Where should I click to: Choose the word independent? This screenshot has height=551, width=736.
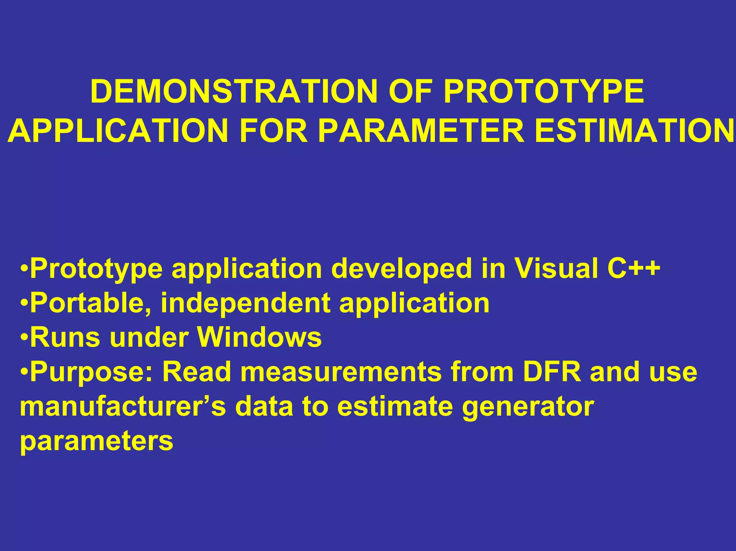[245, 303]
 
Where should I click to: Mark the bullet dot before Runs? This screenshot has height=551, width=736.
[24, 338]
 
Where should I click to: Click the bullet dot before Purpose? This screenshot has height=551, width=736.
[24, 372]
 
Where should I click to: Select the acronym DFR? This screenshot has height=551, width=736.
[552, 372]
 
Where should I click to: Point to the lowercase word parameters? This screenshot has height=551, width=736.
[97, 441]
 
